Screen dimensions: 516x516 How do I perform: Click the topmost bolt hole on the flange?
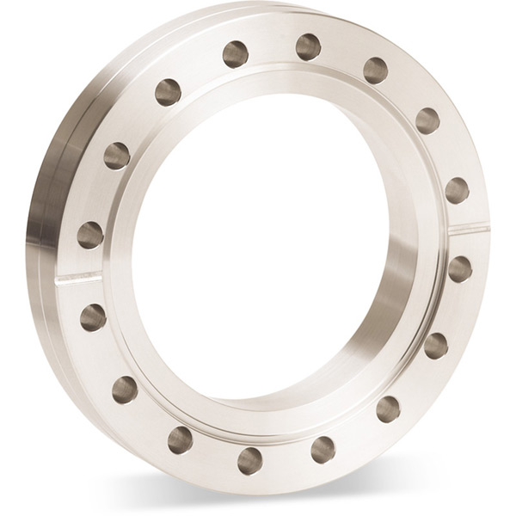(x=309, y=46)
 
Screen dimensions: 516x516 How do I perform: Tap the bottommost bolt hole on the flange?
(x=249, y=459)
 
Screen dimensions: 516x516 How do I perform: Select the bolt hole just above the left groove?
(x=90, y=234)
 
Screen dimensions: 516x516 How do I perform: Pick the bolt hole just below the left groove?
(x=93, y=317)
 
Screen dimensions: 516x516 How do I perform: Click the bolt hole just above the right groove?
(x=457, y=190)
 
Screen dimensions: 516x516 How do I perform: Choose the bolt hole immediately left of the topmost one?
(x=236, y=54)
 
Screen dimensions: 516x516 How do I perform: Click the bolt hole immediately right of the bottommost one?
(x=323, y=447)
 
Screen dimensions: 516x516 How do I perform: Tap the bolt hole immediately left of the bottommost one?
(x=180, y=439)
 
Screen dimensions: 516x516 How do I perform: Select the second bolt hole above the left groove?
(x=116, y=155)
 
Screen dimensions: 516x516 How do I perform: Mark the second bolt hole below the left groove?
(x=125, y=389)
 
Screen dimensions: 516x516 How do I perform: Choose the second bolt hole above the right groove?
(x=427, y=120)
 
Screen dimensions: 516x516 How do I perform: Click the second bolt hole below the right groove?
(x=436, y=345)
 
